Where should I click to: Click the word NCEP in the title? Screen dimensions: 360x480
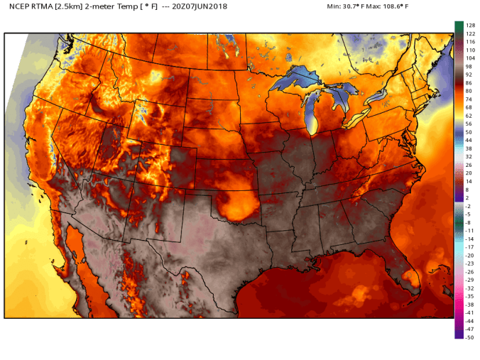point(18,7)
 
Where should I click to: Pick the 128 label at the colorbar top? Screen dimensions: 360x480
point(469,26)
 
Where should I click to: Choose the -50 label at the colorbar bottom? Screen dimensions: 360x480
point(469,337)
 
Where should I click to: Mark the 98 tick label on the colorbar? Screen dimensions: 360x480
point(469,66)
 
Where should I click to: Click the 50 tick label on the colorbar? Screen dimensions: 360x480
point(469,132)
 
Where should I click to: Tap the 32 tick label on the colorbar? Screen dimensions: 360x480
point(469,156)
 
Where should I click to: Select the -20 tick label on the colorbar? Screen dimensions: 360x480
point(469,255)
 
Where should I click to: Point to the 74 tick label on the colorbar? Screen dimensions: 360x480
point(469,99)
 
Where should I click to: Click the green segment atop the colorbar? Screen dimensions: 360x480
point(459,26)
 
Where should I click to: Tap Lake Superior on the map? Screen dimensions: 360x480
point(298,79)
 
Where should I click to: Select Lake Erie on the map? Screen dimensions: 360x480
point(356,118)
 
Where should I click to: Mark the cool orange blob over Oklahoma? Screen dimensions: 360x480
point(237,205)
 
